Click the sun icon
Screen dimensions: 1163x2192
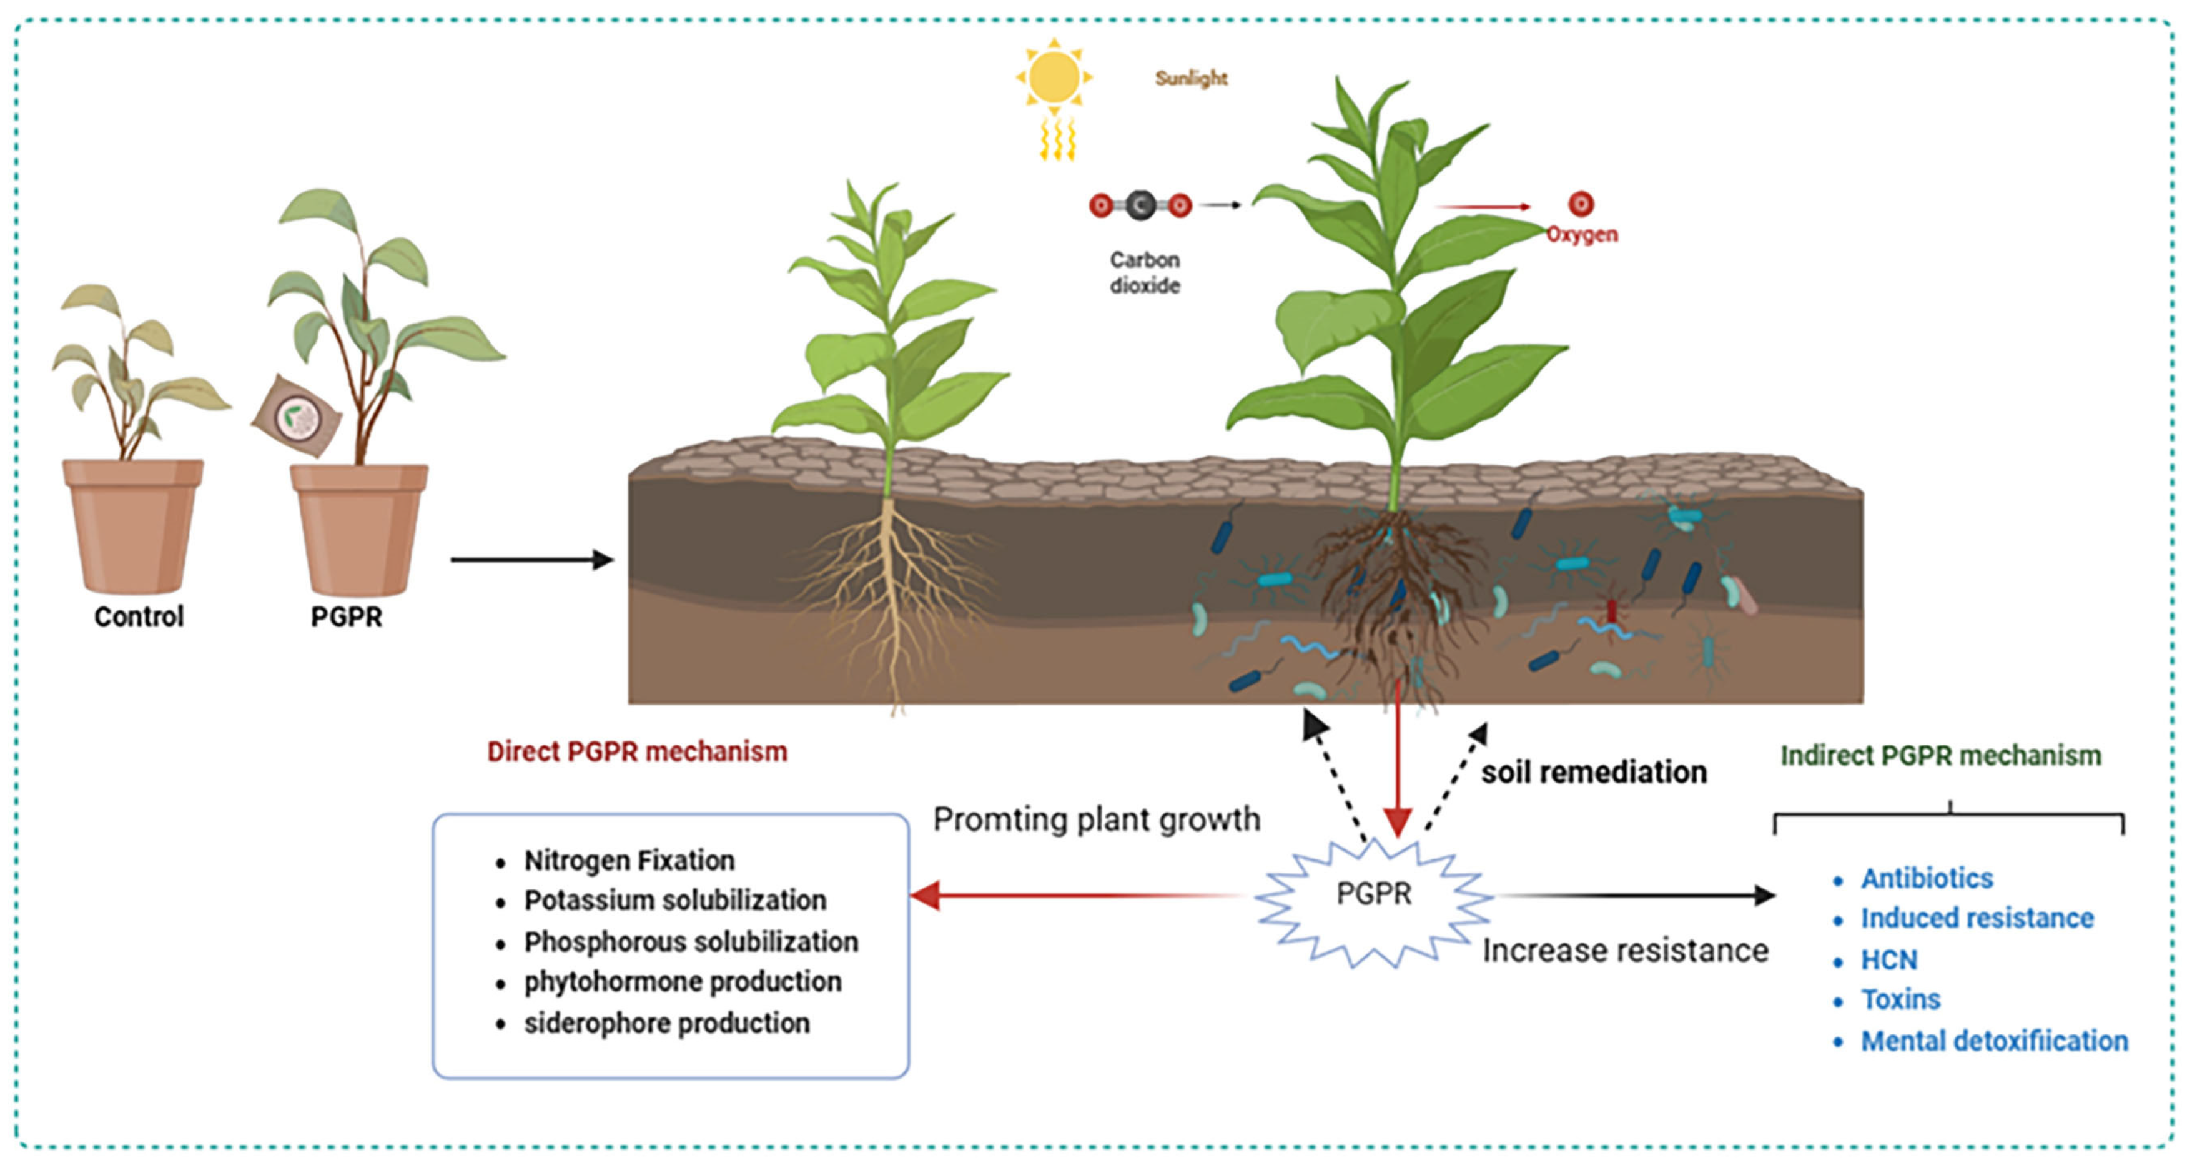point(1054,77)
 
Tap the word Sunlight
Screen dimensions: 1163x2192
point(1190,78)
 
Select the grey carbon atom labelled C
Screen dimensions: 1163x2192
point(1140,205)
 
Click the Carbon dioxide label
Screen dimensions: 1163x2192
point(1145,272)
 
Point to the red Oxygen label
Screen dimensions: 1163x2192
point(1581,234)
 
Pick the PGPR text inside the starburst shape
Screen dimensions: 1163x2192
point(1373,893)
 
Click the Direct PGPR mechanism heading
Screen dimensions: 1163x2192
point(636,751)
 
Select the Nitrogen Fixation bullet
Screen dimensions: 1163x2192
point(629,860)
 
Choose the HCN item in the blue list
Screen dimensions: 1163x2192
point(1888,959)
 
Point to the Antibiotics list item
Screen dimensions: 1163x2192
point(1927,878)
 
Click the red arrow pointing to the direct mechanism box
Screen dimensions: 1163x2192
point(1072,895)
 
